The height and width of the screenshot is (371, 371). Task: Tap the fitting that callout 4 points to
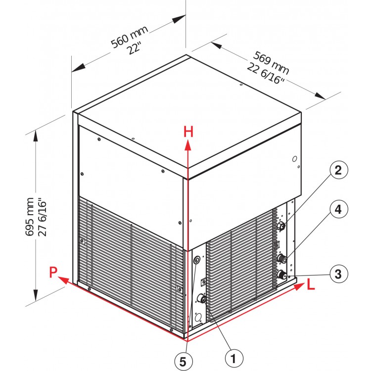[x=283, y=259]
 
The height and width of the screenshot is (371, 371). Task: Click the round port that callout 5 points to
[x=197, y=260]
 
